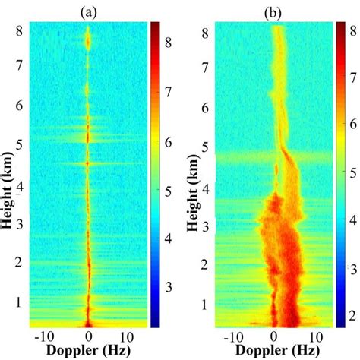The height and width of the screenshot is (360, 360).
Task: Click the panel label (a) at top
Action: (90, 11)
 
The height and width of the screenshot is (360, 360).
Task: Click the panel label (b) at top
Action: (273, 11)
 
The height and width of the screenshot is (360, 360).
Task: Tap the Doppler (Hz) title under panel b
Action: (273, 351)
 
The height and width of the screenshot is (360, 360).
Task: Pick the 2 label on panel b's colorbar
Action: (352, 314)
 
